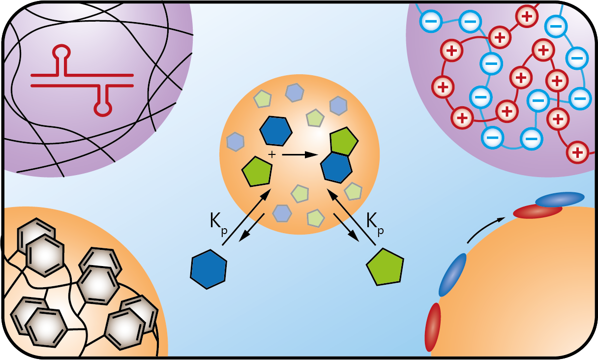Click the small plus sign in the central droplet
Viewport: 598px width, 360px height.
point(270,155)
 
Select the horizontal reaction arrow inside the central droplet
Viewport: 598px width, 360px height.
point(300,155)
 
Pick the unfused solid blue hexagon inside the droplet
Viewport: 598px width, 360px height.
point(276,131)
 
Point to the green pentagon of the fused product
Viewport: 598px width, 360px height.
point(343,141)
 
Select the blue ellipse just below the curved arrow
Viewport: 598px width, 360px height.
point(452,274)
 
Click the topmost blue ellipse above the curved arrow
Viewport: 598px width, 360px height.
point(560,199)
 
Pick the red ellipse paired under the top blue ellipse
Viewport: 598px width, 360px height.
point(538,211)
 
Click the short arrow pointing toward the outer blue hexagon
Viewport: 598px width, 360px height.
point(252,227)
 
